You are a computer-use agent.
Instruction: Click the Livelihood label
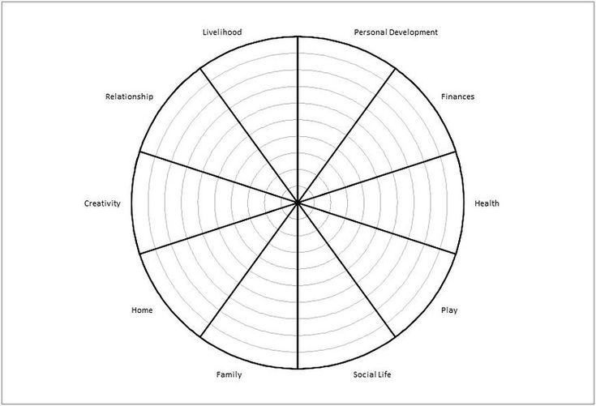(222, 32)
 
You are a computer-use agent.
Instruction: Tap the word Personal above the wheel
(372, 32)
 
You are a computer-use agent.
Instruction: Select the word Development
(414, 32)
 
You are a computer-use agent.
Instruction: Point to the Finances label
(457, 96)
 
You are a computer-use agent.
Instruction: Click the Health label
(487, 203)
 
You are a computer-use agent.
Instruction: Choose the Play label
(448, 310)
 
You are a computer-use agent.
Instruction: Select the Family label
(229, 374)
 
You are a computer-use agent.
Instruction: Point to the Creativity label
(102, 203)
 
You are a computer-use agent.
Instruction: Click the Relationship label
(129, 96)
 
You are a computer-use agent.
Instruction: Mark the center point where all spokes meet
(298, 203)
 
